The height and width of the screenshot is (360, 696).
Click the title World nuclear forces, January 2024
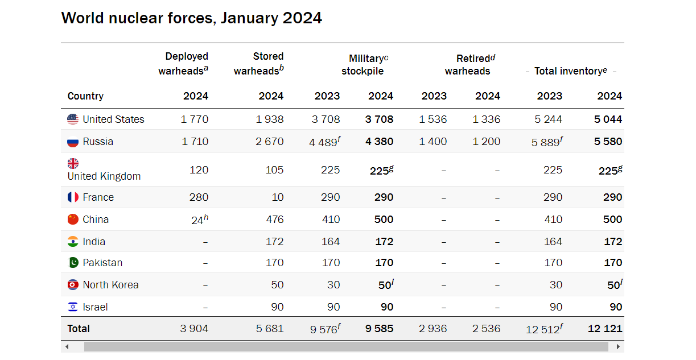click(191, 18)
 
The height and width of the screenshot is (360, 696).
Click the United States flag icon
click(73, 119)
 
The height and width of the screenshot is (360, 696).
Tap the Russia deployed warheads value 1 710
click(195, 142)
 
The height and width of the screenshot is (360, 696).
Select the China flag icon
click(73, 220)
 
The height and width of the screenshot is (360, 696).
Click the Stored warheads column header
click(259, 63)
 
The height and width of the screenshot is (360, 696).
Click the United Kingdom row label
click(104, 176)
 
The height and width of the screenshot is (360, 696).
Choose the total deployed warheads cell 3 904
click(194, 329)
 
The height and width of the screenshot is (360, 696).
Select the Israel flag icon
click(73, 307)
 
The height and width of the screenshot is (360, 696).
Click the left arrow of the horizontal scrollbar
click(67, 346)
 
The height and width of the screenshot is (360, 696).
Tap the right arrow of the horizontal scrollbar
click(618, 346)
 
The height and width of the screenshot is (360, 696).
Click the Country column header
click(85, 96)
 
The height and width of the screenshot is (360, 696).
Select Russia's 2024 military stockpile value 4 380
click(379, 142)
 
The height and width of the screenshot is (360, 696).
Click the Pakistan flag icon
click(73, 263)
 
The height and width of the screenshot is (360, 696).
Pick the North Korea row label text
click(110, 285)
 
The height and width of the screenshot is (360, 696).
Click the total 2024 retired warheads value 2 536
click(486, 329)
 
